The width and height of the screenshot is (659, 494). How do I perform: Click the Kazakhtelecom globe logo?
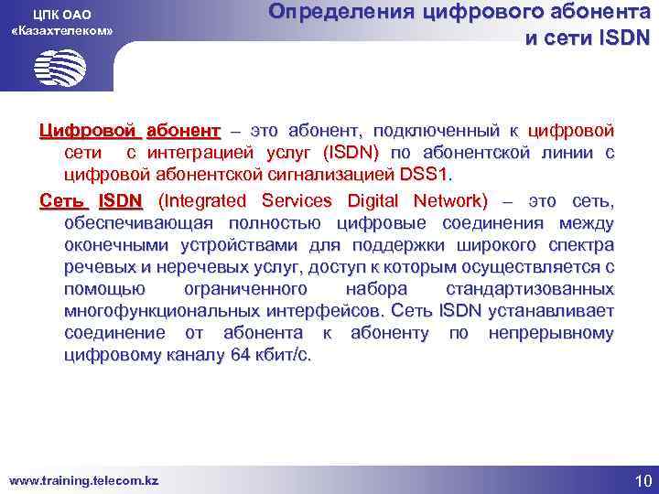(60, 67)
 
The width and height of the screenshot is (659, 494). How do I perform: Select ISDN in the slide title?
(620, 38)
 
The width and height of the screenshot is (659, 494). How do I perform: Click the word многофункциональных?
(178, 310)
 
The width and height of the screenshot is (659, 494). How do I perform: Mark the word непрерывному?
(551, 332)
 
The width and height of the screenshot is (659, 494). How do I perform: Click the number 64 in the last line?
(240, 355)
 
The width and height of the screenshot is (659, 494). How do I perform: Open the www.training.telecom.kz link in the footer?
(83, 479)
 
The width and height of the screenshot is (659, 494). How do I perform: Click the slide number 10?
(641, 479)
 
